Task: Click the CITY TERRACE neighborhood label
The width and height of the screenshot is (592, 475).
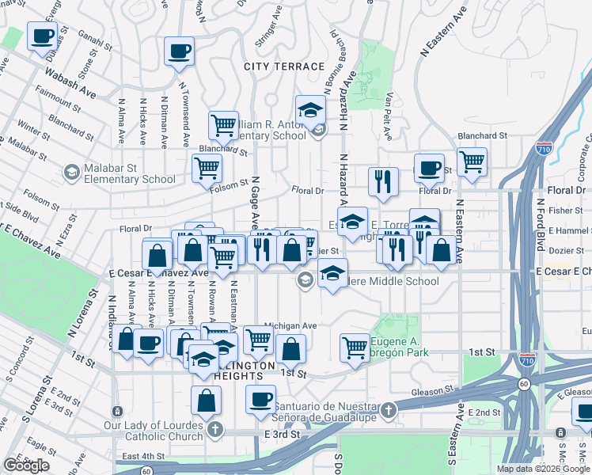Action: point(284,66)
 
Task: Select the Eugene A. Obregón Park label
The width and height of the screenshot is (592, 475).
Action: point(410,346)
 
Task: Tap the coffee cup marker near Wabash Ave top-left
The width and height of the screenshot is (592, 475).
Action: point(42,36)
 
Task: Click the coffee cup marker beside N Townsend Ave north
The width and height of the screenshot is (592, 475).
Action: point(179,51)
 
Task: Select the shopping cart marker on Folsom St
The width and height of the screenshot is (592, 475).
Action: point(207,168)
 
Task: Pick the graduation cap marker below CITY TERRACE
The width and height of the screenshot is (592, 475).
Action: point(311,111)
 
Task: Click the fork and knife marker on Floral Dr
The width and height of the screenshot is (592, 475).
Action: point(383,182)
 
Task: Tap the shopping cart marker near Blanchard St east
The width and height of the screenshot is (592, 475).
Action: point(472,161)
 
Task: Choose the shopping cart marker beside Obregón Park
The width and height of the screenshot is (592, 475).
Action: point(355,347)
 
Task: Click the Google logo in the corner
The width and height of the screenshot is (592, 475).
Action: point(26,465)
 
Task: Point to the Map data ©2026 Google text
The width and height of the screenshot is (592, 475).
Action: point(542,469)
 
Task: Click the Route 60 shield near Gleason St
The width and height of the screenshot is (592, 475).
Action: point(524,384)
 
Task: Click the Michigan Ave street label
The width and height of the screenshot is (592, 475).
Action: point(290,325)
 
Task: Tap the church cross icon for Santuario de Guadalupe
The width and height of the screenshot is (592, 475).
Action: point(388,410)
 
